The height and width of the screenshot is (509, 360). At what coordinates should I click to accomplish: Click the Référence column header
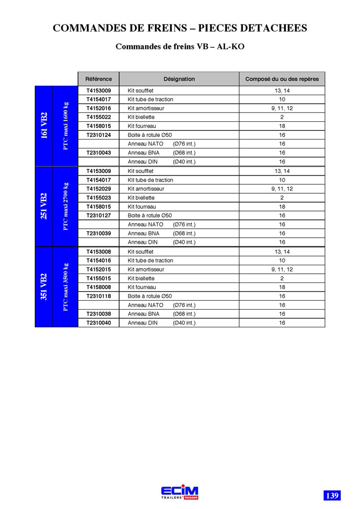[99, 79]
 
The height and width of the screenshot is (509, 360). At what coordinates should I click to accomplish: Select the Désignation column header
[179, 79]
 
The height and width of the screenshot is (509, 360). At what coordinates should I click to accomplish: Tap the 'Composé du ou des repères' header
[282, 79]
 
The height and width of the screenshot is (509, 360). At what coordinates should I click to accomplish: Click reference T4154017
[99, 99]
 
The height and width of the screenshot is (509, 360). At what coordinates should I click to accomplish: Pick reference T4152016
[99, 108]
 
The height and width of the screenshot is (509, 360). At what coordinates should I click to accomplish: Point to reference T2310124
[99, 135]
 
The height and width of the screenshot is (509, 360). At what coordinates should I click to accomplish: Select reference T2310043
[99, 152]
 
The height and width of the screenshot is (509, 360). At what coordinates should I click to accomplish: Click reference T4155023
[99, 197]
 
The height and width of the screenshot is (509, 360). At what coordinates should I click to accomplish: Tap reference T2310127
[99, 215]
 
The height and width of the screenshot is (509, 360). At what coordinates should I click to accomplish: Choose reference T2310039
[99, 233]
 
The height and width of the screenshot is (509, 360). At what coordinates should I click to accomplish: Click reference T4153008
[99, 251]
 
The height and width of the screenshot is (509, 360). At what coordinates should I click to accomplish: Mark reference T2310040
[99, 322]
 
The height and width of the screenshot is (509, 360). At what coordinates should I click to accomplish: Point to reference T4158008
[99, 287]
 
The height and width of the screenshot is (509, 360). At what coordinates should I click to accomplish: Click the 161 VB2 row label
[44, 126]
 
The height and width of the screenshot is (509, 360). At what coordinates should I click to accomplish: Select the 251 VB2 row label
[44, 206]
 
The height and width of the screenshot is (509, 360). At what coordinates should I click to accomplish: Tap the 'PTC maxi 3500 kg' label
[65, 287]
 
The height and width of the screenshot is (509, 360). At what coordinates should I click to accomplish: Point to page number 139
[332, 495]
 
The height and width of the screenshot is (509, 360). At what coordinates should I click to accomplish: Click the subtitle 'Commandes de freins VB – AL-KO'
[179, 47]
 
